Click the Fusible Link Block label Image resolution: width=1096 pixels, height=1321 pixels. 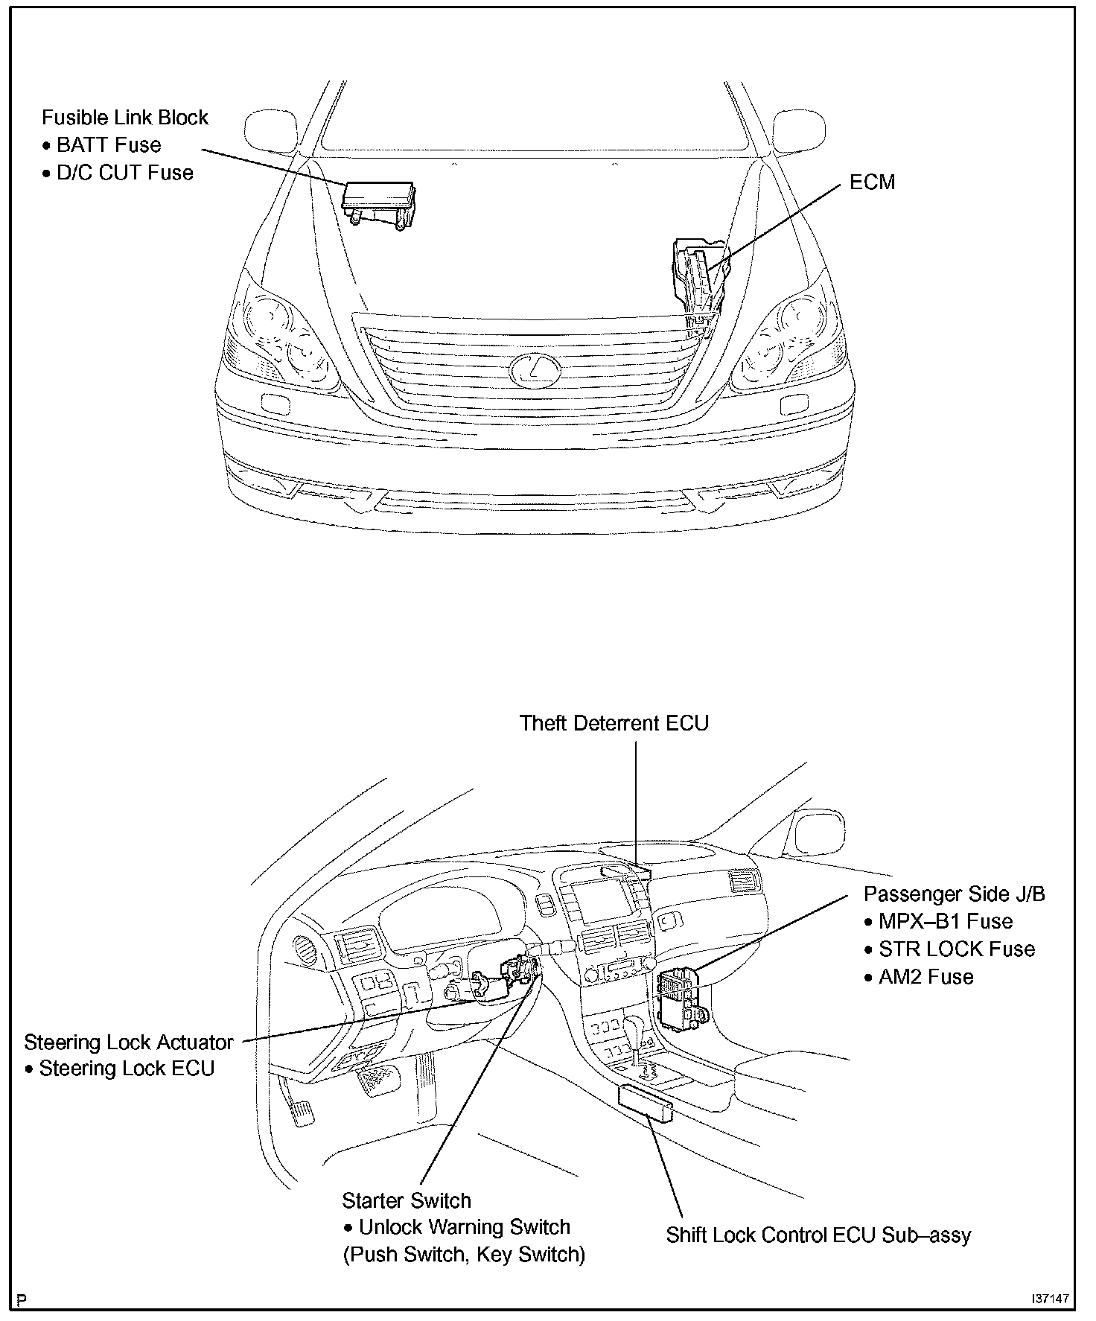(x=124, y=118)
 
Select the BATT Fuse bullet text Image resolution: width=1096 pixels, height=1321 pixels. (x=109, y=145)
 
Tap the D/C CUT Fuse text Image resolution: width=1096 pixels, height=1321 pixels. (x=124, y=173)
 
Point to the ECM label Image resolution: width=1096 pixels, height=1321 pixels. (x=872, y=182)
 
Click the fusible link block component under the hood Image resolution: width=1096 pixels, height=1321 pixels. (x=377, y=200)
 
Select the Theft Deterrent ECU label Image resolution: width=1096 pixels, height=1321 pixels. (x=614, y=723)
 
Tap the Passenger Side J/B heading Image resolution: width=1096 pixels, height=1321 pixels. (x=954, y=894)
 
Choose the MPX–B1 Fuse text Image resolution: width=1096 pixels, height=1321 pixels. (x=945, y=922)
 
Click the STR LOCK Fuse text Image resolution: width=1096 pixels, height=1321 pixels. (x=956, y=949)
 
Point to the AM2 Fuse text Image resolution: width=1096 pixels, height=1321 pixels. (x=925, y=977)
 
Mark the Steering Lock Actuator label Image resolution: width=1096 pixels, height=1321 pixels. (x=129, y=1043)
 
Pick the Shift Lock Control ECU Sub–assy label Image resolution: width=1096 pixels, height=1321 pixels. (x=818, y=1235)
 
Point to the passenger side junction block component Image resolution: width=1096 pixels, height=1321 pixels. (x=679, y=998)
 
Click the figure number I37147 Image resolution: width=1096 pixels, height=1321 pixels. (x=1050, y=1298)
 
